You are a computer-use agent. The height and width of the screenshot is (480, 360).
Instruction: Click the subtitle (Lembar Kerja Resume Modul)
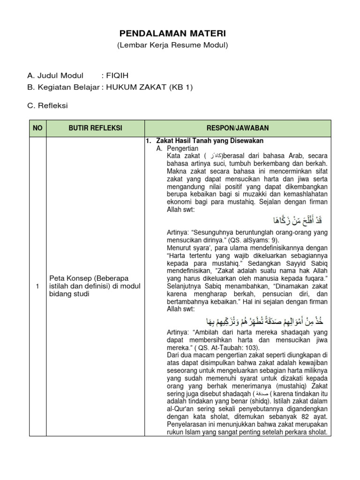pyautogui.click(x=172, y=45)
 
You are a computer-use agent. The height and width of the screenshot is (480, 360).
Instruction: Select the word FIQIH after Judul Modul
pyautogui.click(x=117, y=75)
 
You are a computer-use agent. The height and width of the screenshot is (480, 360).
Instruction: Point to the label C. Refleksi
pyautogui.click(x=47, y=105)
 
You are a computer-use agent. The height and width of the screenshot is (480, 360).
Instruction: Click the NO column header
pyautogui.click(x=37, y=128)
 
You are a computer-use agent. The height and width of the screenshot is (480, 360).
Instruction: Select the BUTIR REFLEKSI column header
pyautogui.click(x=95, y=128)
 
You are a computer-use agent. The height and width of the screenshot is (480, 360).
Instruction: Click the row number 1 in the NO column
pyautogui.click(x=37, y=287)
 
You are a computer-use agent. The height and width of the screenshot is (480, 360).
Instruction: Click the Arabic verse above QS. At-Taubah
pyautogui.click(x=265, y=322)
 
